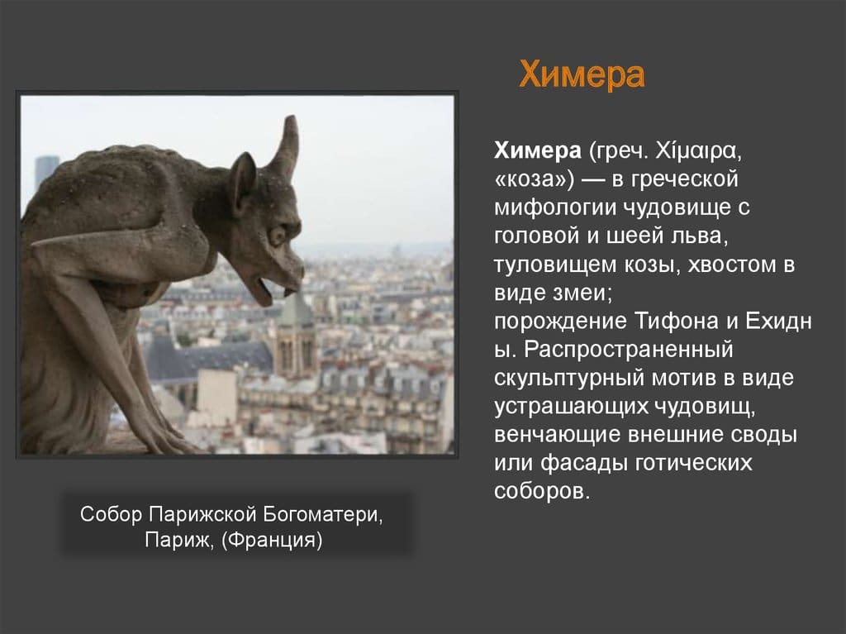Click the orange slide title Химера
click(581, 76)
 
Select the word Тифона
click(670, 320)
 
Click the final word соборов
click(542, 490)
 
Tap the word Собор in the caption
click(112, 514)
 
